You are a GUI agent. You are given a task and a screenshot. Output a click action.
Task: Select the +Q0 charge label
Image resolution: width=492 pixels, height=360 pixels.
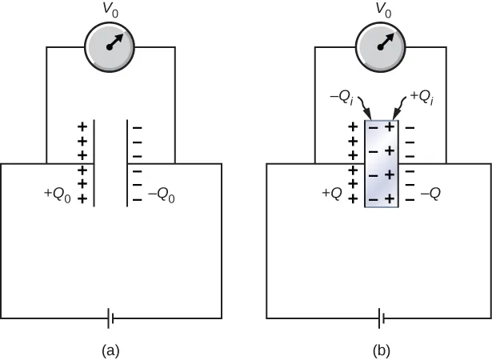pyautogui.click(x=57, y=193)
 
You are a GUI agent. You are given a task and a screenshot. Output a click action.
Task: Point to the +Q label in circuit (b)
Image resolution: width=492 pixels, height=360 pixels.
pyautogui.click(x=332, y=193)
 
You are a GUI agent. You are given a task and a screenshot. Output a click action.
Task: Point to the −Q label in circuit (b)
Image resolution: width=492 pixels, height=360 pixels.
pyautogui.click(x=433, y=193)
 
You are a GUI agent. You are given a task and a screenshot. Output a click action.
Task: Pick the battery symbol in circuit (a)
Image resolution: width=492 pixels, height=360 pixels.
pyautogui.click(x=111, y=319)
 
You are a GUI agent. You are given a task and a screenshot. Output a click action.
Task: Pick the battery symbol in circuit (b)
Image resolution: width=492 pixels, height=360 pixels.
pyautogui.click(x=383, y=319)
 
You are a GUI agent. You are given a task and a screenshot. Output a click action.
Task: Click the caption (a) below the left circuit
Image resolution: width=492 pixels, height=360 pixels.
pyautogui.click(x=110, y=350)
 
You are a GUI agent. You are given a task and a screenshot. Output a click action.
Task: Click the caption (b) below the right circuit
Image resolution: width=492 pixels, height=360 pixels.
pyautogui.click(x=381, y=350)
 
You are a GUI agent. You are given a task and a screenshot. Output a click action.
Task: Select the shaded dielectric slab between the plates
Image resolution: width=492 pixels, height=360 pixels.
pyautogui.click(x=381, y=163)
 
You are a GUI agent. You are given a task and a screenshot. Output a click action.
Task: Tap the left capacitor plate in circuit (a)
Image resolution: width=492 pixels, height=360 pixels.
pyautogui.click(x=95, y=163)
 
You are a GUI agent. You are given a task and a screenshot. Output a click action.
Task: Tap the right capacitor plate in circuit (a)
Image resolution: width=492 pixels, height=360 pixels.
pyautogui.click(x=126, y=163)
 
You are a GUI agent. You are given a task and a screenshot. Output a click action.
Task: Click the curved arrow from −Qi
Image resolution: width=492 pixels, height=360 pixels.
pyautogui.click(x=364, y=106)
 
